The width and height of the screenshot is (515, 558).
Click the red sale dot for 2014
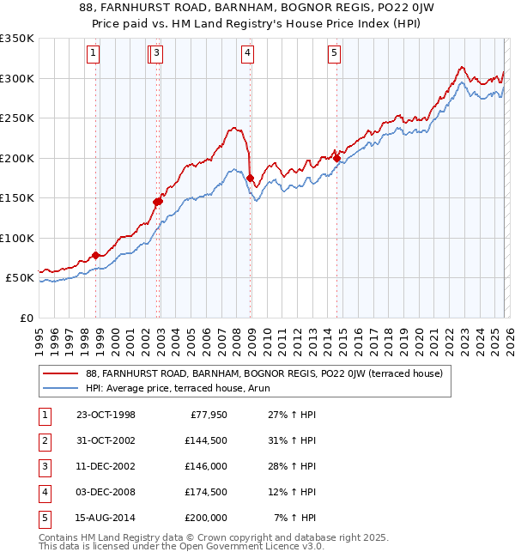pos(337,157)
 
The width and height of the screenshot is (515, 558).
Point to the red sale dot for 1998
pos(95,255)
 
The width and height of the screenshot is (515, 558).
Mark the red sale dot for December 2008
pos(250,178)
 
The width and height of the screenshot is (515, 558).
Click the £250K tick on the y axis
pos(16,118)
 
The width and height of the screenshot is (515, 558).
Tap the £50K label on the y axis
pos(19,278)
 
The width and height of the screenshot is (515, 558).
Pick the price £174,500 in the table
pos(206,492)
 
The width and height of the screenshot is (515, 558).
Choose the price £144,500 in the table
pos(206,440)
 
